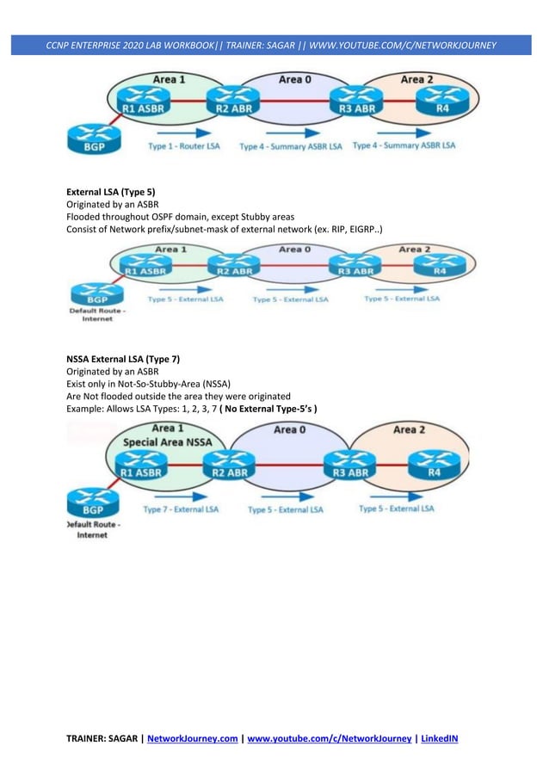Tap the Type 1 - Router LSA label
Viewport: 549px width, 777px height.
(184, 147)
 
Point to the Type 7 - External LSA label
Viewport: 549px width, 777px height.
(181, 509)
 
